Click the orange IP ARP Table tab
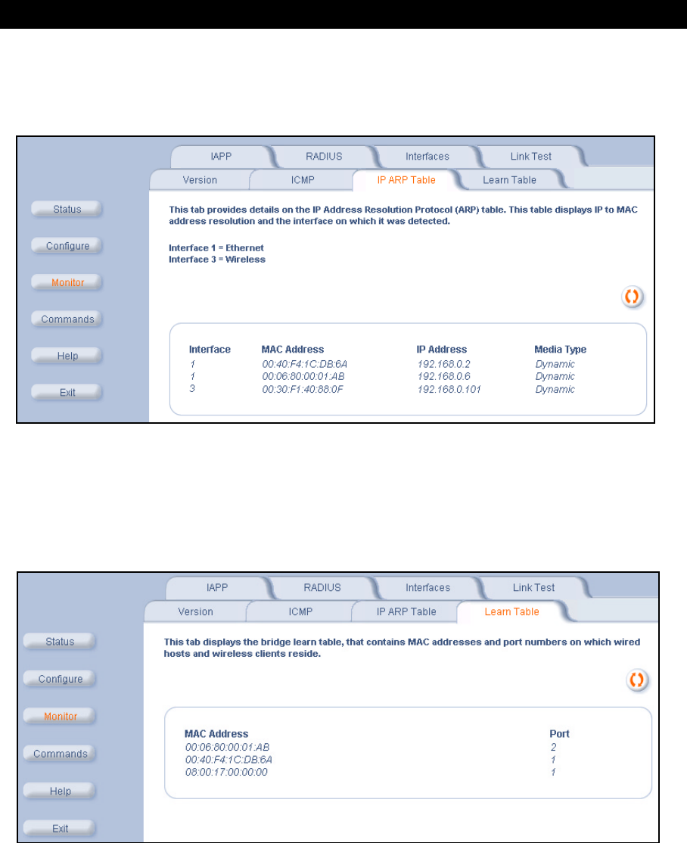(406, 180)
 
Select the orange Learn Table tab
(511, 612)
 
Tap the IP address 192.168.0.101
(449, 389)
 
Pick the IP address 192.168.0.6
(443, 376)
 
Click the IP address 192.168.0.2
(443, 364)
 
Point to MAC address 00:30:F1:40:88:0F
(302, 389)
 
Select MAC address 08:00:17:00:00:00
(226, 772)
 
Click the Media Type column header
(560, 350)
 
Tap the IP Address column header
(441, 350)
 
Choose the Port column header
(559, 734)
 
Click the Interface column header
(210, 350)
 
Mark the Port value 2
(553, 748)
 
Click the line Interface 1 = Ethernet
(216, 248)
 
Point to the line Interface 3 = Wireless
(216, 259)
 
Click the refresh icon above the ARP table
(633, 296)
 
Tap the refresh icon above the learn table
(637, 680)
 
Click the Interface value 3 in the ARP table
(192, 389)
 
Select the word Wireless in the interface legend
(245, 259)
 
